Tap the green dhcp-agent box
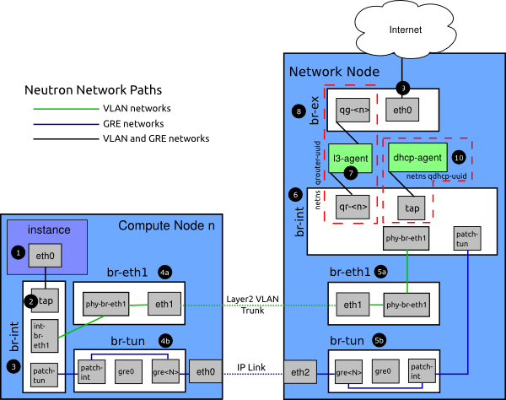(416, 157)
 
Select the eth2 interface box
(299, 370)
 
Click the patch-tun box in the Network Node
(467, 237)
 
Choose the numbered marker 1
(16, 251)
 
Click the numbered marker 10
(459, 157)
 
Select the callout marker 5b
(380, 341)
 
